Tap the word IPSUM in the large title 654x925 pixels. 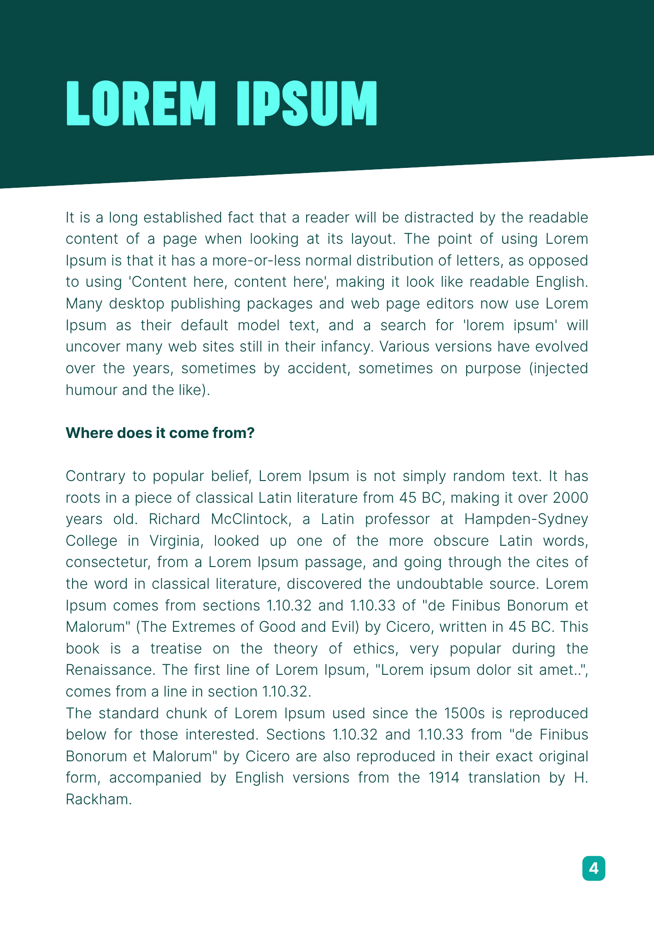pyautogui.click(x=307, y=104)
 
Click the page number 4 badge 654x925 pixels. pyautogui.click(x=593, y=868)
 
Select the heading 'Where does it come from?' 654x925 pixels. pyautogui.click(x=160, y=433)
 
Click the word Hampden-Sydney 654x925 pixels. pyautogui.click(x=526, y=519)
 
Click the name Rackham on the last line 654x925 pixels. pyautogui.click(x=99, y=799)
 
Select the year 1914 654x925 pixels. pyautogui.click(x=444, y=777)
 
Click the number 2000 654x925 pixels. pyautogui.click(x=570, y=498)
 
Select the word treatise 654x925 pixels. pyautogui.click(x=176, y=648)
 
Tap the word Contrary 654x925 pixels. pyautogui.click(x=95, y=476)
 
